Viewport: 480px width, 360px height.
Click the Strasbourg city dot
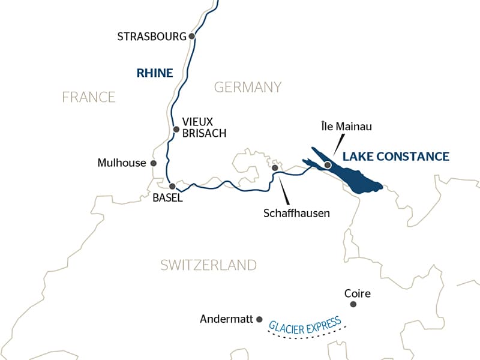pyautogui.click(x=192, y=36)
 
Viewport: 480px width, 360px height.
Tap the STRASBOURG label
pyautogui.click(x=152, y=37)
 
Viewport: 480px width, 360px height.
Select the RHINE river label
pyautogui.click(x=155, y=73)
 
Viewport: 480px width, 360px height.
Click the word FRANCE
pyautogui.click(x=88, y=97)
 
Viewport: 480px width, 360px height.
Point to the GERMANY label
pyautogui.click(x=248, y=87)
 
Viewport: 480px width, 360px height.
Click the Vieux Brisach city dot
pyautogui.click(x=176, y=129)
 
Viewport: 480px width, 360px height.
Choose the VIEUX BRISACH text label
pyautogui.click(x=205, y=127)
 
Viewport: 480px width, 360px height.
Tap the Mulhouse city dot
pyautogui.click(x=154, y=163)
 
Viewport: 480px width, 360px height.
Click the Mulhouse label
pyautogui.click(x=122, y=163)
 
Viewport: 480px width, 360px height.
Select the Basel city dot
pyautogui.click(x=172, y=186)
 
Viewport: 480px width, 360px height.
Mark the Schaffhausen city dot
pyautogui.click(x=275, y=168)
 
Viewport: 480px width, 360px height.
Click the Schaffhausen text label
pyautogui.click(x=296, y=213)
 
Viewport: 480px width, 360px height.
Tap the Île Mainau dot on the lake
pyautogui.click(x=328, y=164)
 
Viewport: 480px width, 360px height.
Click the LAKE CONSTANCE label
pyautogui.click(x=395, y=157)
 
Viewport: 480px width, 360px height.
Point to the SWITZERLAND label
pyautogui.click(x=208, y=265)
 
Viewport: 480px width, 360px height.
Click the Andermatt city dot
pyautogui.click(x=259, y=319)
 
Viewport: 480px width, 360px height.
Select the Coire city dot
pyautogui.click(x=353, y=304)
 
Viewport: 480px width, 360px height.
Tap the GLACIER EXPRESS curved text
pyautogui.click(x=305, y=323)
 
